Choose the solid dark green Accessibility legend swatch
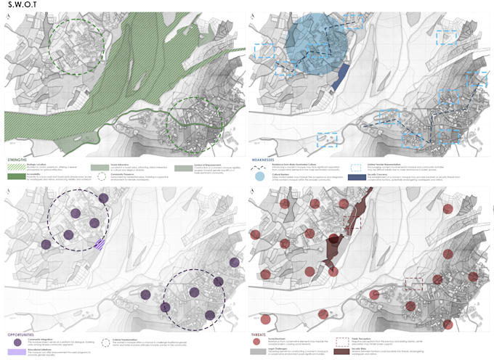[x=16, y=175]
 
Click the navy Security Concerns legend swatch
[x=355, y=176]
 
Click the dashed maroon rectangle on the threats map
[x=413, y=285]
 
